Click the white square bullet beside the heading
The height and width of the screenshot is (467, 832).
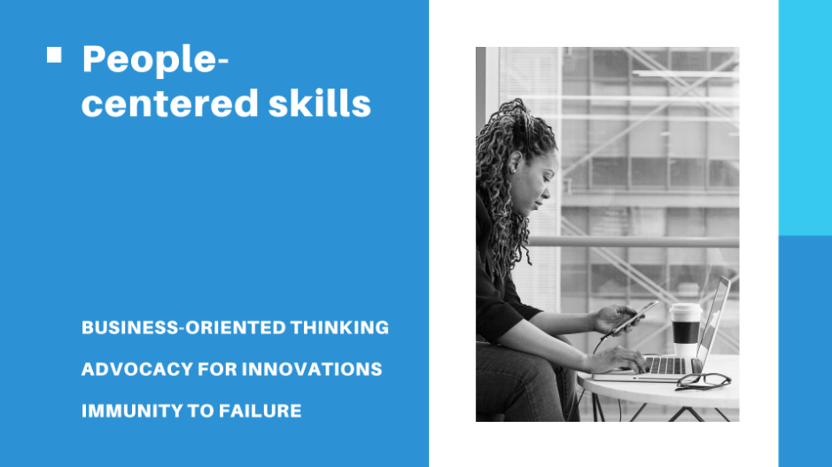(x=54, y=55)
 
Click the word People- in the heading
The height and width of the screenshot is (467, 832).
(x=155, y=59)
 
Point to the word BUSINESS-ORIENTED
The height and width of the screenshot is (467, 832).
(x=183, y=327)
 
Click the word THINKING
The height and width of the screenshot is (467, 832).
(x=339, y=327)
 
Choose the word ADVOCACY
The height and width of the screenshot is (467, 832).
(x=137, y=369)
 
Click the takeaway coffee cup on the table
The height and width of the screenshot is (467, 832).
(x=685, y=329)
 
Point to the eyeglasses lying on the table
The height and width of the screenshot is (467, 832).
(x=703, y=381)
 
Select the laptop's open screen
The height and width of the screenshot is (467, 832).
(x=713, y=323)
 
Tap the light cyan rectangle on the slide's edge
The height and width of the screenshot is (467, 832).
(x=805, y=118)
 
